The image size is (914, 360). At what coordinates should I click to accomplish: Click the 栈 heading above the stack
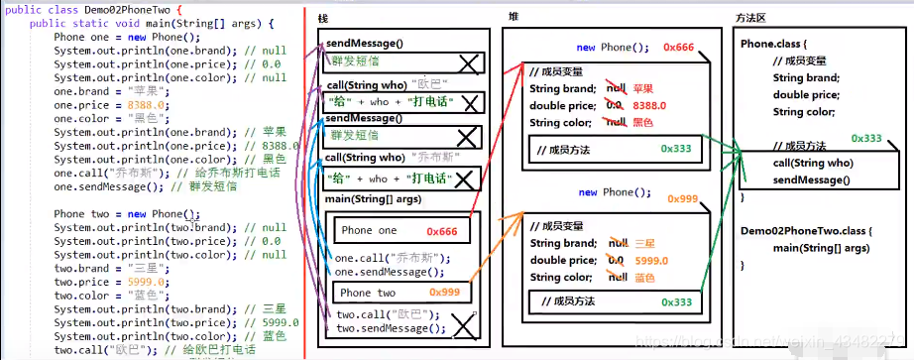(x=323, y=20)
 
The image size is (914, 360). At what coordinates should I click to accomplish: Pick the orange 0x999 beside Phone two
(x=445, y=293)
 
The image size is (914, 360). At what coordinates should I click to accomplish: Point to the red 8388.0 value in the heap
(x=649, y=105)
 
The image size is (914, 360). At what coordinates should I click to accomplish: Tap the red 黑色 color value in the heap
(x=641, y=122)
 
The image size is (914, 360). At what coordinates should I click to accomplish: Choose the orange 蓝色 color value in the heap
(x=641, y=278)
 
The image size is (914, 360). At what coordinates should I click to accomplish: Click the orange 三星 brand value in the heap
(x=642, y=243)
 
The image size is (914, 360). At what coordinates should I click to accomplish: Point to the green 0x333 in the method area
(x=865, y=139)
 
